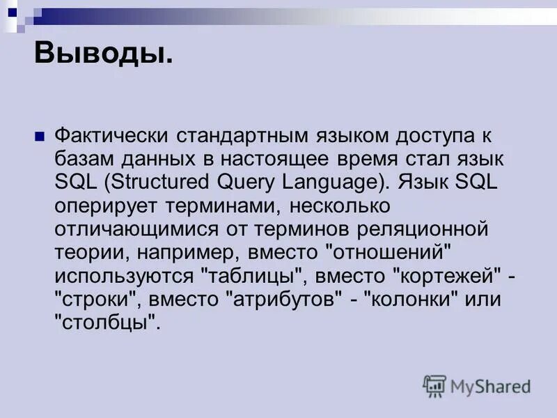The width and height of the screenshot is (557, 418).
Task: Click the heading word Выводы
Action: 103,53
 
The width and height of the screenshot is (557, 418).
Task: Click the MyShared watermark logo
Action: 477,385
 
